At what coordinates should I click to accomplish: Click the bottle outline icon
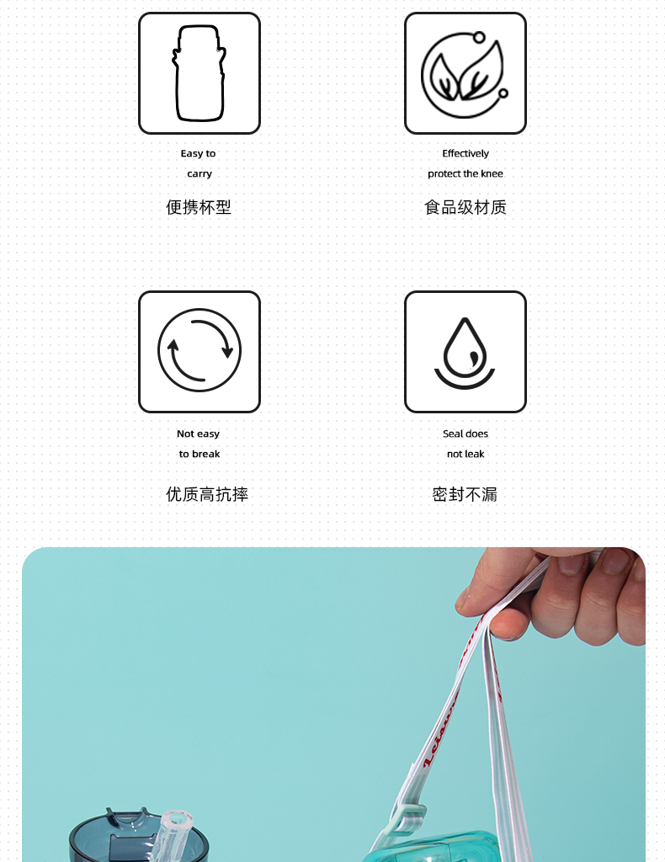click(199, 73)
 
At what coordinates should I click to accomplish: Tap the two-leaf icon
click(465, 73)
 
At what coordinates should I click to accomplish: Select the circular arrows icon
click(199, 351)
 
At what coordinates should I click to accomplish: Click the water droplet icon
click(465, 351)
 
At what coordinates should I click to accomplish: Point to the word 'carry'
click(199, 173)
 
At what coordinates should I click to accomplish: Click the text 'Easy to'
click(198, 153)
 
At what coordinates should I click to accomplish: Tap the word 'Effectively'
click(465, 153)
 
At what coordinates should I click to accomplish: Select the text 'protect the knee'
click(465, 173)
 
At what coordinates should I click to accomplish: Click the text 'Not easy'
click(198, 434)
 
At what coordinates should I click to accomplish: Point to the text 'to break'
click(199, 454)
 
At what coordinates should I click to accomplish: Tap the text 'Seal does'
click(465, 434)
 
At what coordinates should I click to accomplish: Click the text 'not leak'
click(465, 454)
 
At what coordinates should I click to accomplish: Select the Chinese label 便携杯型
click(199, 207)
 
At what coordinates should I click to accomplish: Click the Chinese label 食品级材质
click(465, 207)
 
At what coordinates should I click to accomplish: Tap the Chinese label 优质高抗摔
click(207, 494)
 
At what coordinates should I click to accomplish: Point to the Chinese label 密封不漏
click(465, 494)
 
